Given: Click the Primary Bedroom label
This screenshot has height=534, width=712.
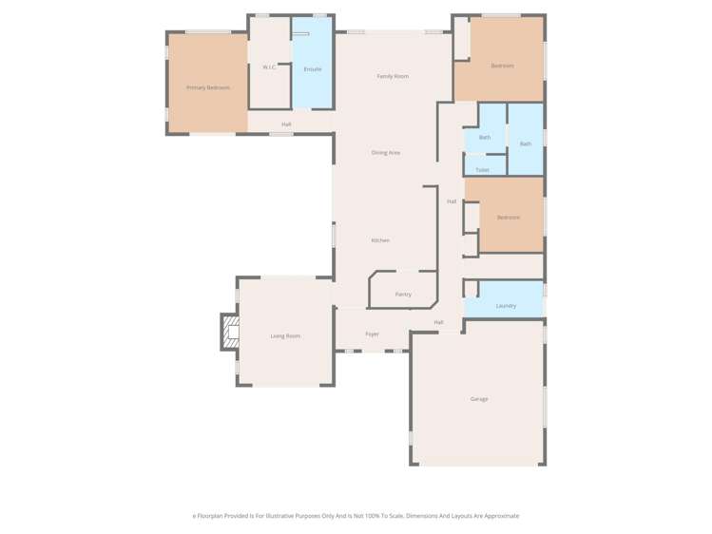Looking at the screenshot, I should pyautogui.click(x=207, y=87).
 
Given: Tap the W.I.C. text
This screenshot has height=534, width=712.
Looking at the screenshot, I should pyautogui.click(x=269, y=67).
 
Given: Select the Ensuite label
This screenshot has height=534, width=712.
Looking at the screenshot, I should pyautogui.click(x=312, y=69).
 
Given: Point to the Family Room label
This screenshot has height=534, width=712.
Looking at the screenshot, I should pyautogui.click(x=393, y=76).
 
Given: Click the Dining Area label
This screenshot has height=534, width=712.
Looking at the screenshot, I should pyautogui.click(x=385, y=152).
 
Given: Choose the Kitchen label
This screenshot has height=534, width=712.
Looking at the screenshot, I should pyautogui.click(x=380, y=240).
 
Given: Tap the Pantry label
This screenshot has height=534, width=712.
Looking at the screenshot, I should pyautogui.click(x=403, y=295).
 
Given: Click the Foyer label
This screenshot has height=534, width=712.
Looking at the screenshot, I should pyautogui.click(x=372, y=334).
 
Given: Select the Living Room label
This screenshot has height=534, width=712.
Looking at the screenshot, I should pyautogui.click(x=284, y=336).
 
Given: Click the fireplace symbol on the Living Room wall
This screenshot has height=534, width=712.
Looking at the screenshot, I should pyautogui.click(x=228, y=333).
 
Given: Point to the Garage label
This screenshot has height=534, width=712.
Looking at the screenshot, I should pyautogui.click(x=479, y=399).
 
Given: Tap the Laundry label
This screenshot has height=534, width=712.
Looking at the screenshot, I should pyautogui.click(x=506, y=306).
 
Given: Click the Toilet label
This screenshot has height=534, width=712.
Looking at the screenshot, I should pyautogui.click(x=482, y=170).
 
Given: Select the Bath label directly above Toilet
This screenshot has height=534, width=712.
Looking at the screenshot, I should pyautogui.click(x=484, y=138).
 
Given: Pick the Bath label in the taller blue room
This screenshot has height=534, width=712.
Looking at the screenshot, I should pyautogui.click(x=525, y=143).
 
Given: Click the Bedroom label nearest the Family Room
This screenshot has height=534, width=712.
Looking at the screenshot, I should pyautogui.click(x=502, y=66).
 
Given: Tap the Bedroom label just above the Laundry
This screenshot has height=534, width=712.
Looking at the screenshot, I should pyautogui.click(x=508, y=218).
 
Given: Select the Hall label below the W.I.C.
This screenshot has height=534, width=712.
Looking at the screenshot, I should pyautogui.click(x=286, y=124).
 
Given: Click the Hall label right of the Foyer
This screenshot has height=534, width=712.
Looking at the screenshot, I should pyautogui.click(x=438, y=322).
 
